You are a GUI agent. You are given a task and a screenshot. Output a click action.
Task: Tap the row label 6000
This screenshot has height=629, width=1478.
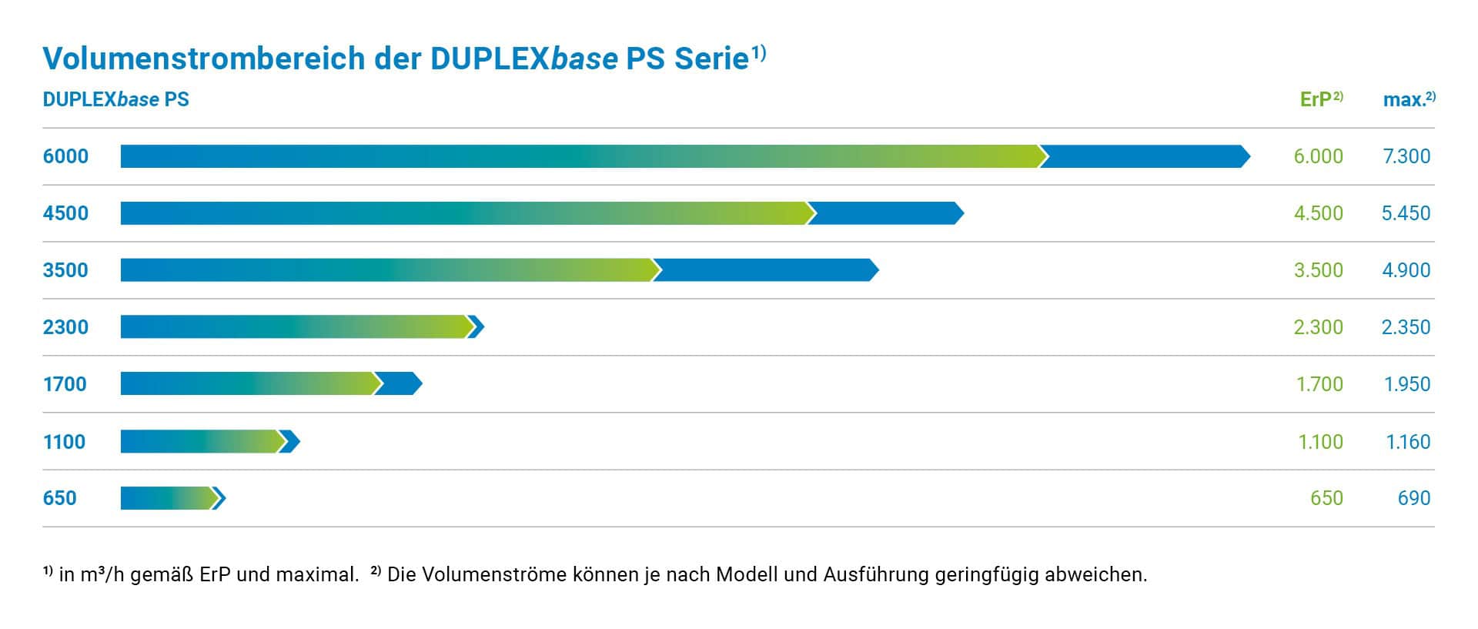click(x=65, y=156)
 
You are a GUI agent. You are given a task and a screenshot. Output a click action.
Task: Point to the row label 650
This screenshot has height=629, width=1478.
click(x=59, y=498)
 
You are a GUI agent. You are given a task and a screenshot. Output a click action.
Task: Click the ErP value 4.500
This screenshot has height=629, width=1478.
click(x=1318, y=213)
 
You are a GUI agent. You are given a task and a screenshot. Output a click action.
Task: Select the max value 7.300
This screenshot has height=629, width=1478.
click(x=1406, y=156)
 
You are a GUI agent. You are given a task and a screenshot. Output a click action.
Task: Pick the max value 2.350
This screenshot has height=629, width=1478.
click(x=1406, y=327)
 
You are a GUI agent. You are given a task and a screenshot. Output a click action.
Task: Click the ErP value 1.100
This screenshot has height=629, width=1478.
click(x=1320, y=442)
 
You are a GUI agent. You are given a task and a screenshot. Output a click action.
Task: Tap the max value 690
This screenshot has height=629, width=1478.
click(x=1413, y=498)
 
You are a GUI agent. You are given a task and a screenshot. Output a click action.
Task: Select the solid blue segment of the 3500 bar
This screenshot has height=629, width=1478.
click(x=766, y=270)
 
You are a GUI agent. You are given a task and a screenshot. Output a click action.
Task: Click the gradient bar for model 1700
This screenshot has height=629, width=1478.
click(x=246, y=383)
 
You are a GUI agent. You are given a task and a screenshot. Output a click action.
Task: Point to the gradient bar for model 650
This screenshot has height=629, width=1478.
click(x=166, y=498)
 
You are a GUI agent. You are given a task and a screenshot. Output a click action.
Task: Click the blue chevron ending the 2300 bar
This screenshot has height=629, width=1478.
click(x=477, y=327)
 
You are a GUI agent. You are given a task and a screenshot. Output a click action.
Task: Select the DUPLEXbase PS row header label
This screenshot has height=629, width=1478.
click(x=115, y=99)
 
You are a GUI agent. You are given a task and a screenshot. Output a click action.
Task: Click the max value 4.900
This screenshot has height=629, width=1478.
click(x=1406, y=270)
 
